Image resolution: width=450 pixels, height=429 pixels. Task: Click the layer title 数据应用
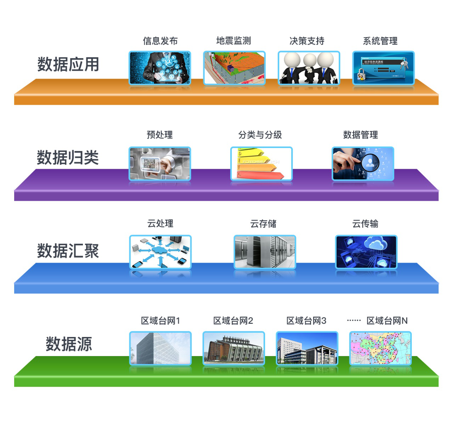(68, 64)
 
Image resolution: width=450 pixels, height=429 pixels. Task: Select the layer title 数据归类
(68, 158)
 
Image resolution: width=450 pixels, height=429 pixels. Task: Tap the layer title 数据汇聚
(68, 251)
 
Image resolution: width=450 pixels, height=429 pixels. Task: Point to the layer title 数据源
(69, 344)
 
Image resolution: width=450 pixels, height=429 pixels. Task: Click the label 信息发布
(160, 41)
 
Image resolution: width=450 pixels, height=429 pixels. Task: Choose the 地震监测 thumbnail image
(234, 68)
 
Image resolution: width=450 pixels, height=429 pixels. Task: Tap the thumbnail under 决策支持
(309, 68)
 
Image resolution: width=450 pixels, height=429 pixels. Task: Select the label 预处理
(160, 135)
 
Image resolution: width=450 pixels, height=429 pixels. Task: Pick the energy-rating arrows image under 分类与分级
(261, 164)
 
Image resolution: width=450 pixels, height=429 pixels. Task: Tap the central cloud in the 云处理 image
(160, 251)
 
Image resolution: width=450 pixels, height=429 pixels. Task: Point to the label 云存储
(263, 224)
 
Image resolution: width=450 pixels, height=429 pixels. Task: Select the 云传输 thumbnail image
(366, 252)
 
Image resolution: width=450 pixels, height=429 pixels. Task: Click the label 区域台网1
(161, 321)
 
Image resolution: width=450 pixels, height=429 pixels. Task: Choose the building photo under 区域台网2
(234, 348)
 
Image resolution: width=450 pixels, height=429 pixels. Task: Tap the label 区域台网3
(306, 321)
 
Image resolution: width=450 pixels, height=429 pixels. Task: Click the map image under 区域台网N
(380, 348)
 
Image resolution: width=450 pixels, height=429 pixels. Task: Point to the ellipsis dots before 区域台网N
(354, 321)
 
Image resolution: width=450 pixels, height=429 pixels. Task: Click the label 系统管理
(380, 41)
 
